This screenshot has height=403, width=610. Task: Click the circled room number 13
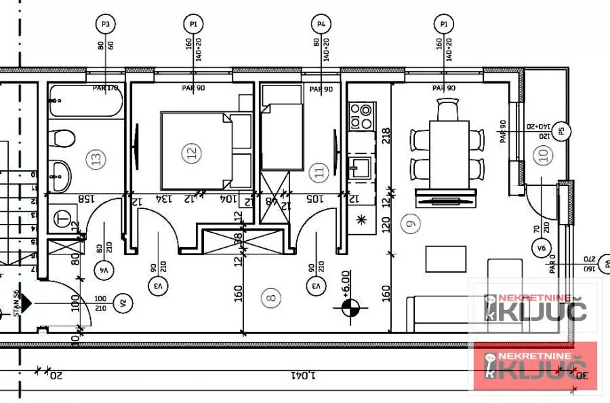coord(96,160)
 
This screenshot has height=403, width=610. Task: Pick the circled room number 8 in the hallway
coord(271,296)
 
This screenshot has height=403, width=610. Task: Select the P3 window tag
coord(105,24)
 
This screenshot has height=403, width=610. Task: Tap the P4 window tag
coord(321,24)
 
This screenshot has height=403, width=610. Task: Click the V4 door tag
coord(104,268)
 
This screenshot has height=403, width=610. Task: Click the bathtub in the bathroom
coord(85,102)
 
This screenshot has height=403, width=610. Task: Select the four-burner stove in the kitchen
coord(361,116)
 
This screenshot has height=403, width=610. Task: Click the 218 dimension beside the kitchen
coord(386,138)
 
